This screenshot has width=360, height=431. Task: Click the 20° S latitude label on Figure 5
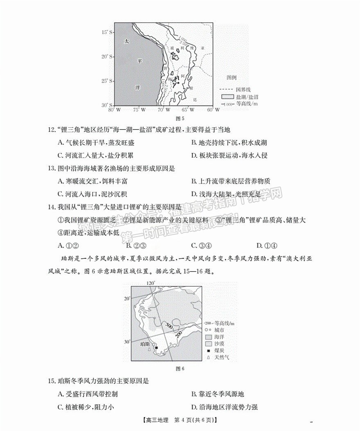pyautogui.click(x=107, y=56)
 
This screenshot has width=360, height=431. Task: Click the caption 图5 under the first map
pyautogui.click(x=180, y=119)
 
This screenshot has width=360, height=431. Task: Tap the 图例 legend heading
pyautogui.click(x=232, y=77)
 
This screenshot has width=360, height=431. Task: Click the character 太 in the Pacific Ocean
pyautogui.click(x=127, y=41)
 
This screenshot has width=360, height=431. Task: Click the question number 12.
pyautogui.click(x=51, y=130)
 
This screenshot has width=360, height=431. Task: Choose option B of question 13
pyautogui.click(x=231, y=181)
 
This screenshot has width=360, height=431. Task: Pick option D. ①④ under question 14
pyautogui.click(x=266, y=245)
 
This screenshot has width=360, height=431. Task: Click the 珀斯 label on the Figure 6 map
pyautogui.click(x=145, y=344)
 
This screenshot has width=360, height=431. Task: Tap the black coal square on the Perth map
pyautogui.click(x=156, y=348)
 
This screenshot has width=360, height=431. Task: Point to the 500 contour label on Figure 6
pyautogui.click(x=169, y=325)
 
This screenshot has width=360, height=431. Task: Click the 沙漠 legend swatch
pyautogui.click(x=208, y=343)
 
